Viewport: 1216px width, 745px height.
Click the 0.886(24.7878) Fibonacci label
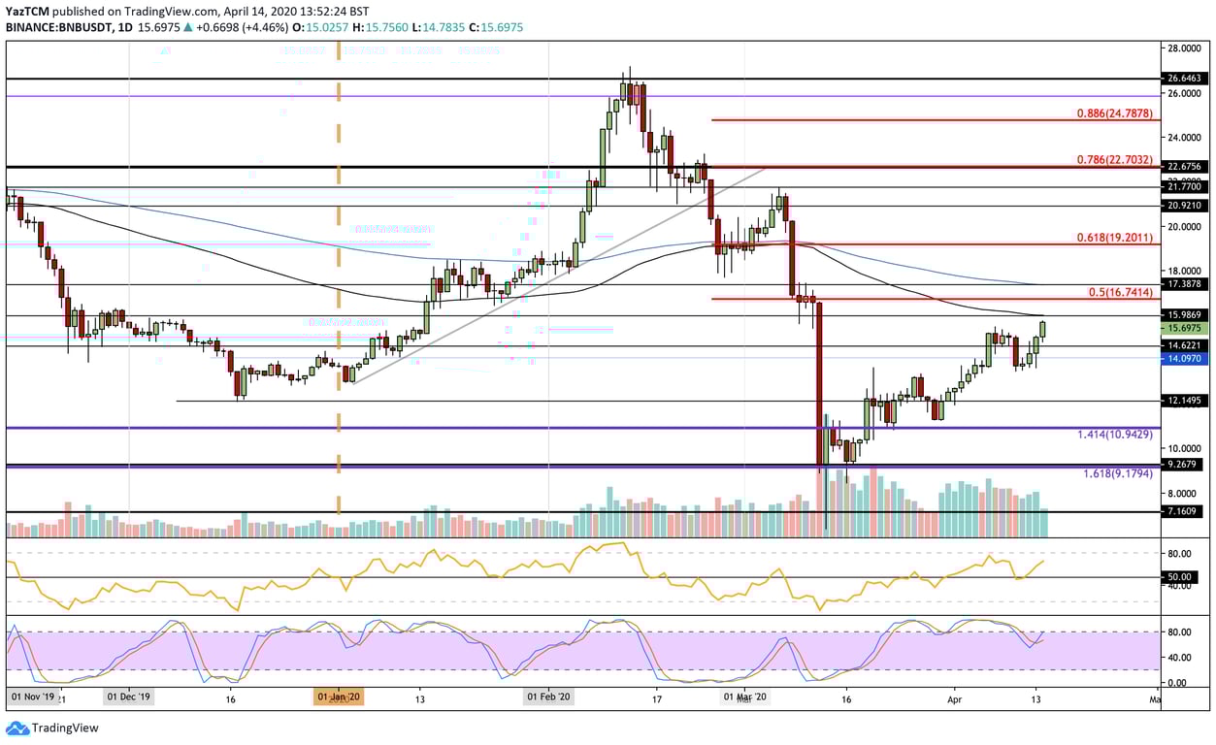[x=1114, y=113]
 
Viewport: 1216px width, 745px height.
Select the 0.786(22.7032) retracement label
[x=1114, y=160]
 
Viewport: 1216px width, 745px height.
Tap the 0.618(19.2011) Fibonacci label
[x=1114, y=237]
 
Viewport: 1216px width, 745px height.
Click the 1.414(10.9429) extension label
[x=1114, y=435]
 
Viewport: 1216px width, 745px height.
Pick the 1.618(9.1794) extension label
[x=1117, y=474]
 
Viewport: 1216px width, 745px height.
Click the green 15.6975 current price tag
[x=1184, y=329]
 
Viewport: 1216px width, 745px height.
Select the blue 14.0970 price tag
[x=1184, y=358]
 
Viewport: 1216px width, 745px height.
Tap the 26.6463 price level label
[x=1184, y=79]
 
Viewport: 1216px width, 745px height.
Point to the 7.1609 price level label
[x=1184, y=511]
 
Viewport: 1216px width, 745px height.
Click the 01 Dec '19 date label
[x=128, y=696]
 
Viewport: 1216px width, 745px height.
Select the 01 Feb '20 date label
[x=548, y=696]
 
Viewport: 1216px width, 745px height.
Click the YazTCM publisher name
[x=26, y=11]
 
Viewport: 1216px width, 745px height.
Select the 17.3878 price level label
[x=1184, y=284]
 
